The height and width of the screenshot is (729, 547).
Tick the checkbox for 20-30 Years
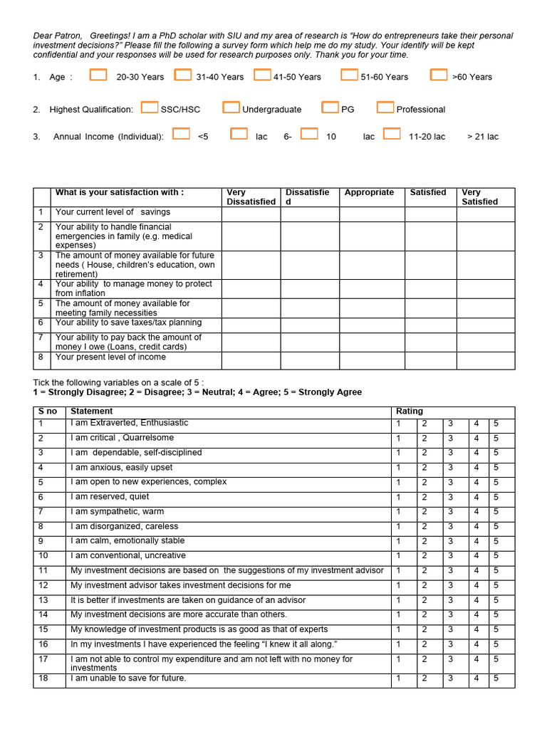point(98,75)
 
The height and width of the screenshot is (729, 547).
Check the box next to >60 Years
point(439,75)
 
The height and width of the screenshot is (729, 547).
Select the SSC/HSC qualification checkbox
point(150,107)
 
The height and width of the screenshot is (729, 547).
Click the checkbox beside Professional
point(385,107)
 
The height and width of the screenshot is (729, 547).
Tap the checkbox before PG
point(330,107)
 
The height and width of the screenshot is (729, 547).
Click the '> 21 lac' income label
point(483,137)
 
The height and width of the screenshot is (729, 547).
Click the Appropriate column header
point(369,193)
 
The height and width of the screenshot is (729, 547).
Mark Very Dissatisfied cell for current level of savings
point(251,214)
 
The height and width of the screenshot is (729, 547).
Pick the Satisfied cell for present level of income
point(430,360)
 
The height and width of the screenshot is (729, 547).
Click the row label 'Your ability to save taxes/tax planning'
point(128,323)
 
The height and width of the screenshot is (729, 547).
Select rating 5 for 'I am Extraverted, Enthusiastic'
point(496,424)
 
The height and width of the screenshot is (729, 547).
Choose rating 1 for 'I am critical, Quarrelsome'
point(399,439)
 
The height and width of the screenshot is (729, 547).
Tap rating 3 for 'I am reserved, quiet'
point(450,498)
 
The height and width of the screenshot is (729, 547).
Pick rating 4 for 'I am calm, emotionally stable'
point(476,542)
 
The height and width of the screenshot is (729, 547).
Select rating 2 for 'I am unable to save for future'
point(424,679)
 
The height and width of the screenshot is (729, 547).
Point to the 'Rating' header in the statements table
point(410,411)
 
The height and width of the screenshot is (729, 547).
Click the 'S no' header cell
point(48,411)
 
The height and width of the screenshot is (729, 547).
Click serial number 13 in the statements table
point(43,601)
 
